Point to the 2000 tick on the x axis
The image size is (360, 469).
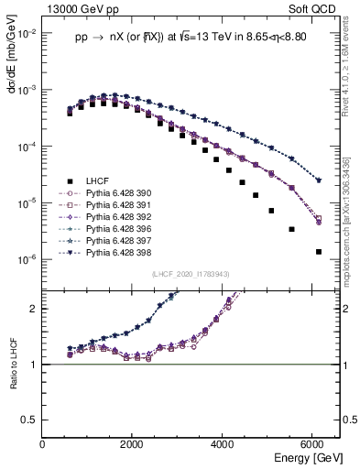coord(133,444)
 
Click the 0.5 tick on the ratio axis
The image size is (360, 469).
coord(32,420)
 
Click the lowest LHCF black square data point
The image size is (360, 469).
coord(318,251)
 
